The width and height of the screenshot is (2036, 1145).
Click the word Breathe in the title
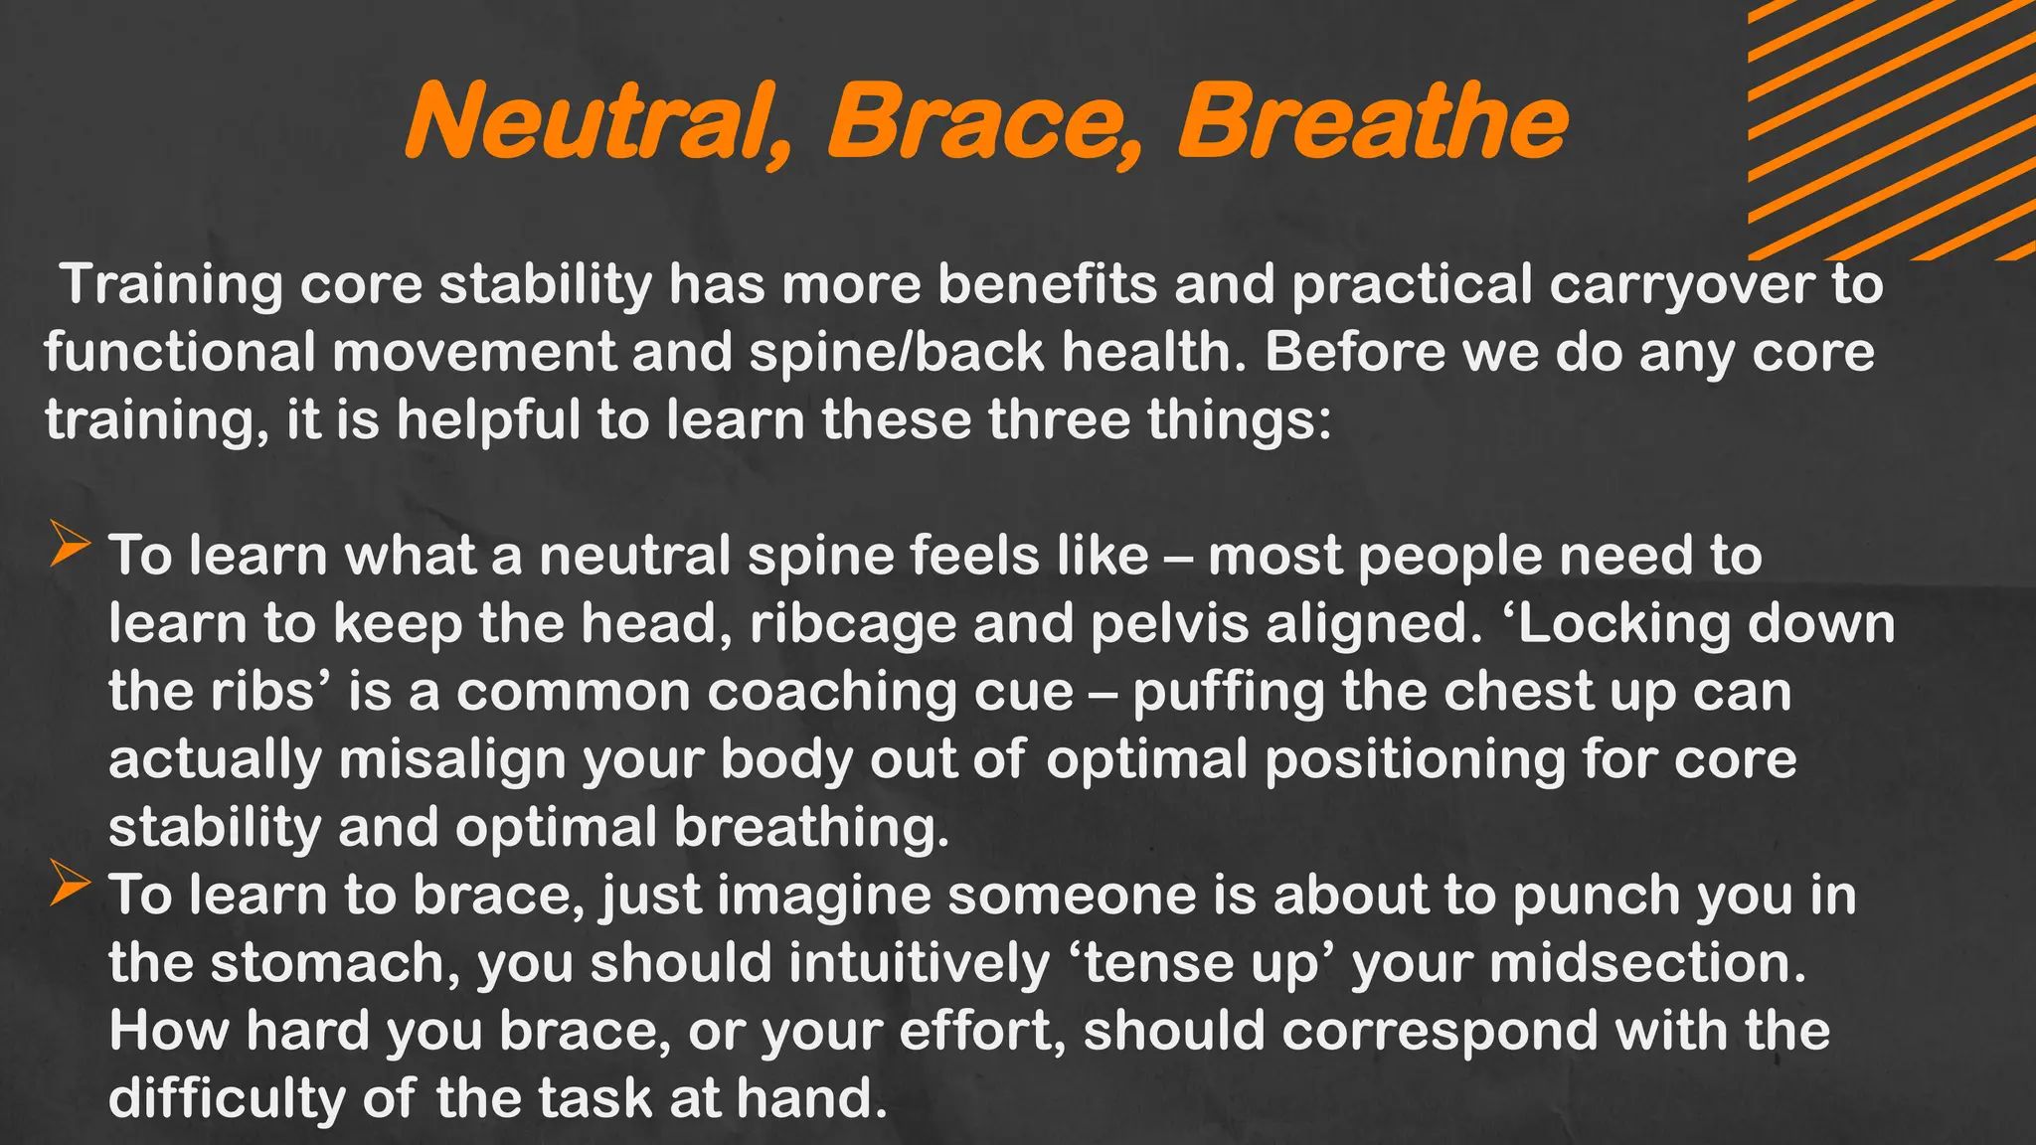point(1372,122)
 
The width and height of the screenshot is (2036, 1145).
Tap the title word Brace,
point(984,122)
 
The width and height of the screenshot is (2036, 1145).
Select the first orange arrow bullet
point(70,546)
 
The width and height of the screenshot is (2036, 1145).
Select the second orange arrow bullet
point(70,885)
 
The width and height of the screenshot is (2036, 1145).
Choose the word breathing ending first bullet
point(810,828)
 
